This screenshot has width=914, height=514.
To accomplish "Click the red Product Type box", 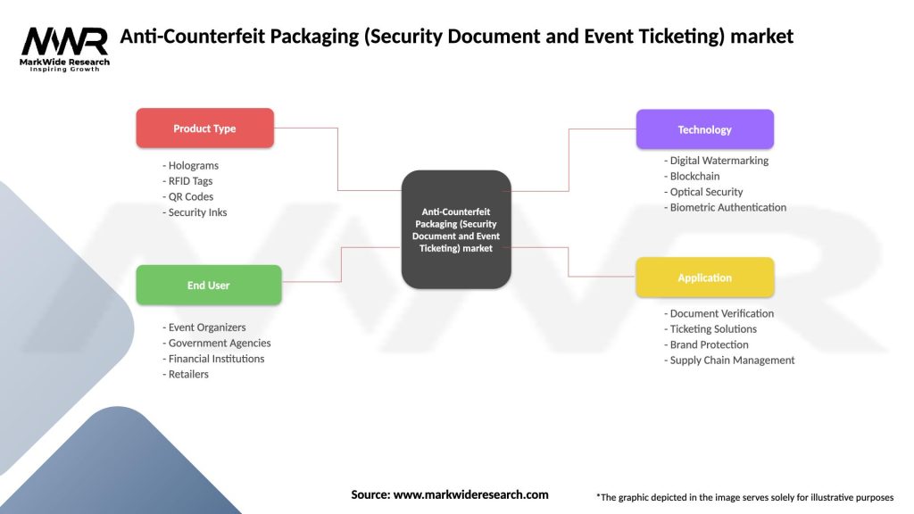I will click(204, 128).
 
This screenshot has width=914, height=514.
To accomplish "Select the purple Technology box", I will click(704, 129).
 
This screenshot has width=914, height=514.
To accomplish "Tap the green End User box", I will click(208, 286).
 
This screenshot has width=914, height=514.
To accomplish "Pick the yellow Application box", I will click(704, 278).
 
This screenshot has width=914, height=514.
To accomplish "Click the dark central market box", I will click(456, 229).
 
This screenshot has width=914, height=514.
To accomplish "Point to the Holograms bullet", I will click(191, 165).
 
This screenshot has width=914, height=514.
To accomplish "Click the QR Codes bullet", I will click(188, 196).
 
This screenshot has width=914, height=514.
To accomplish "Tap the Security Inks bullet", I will click(195, 212).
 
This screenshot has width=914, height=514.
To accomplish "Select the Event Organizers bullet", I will click(204, 327).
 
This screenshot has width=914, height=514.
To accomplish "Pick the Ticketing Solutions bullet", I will click(710, 329).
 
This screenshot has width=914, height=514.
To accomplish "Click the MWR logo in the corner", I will click(65, 48).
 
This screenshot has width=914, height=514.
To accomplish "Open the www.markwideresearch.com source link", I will click(470, 494).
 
